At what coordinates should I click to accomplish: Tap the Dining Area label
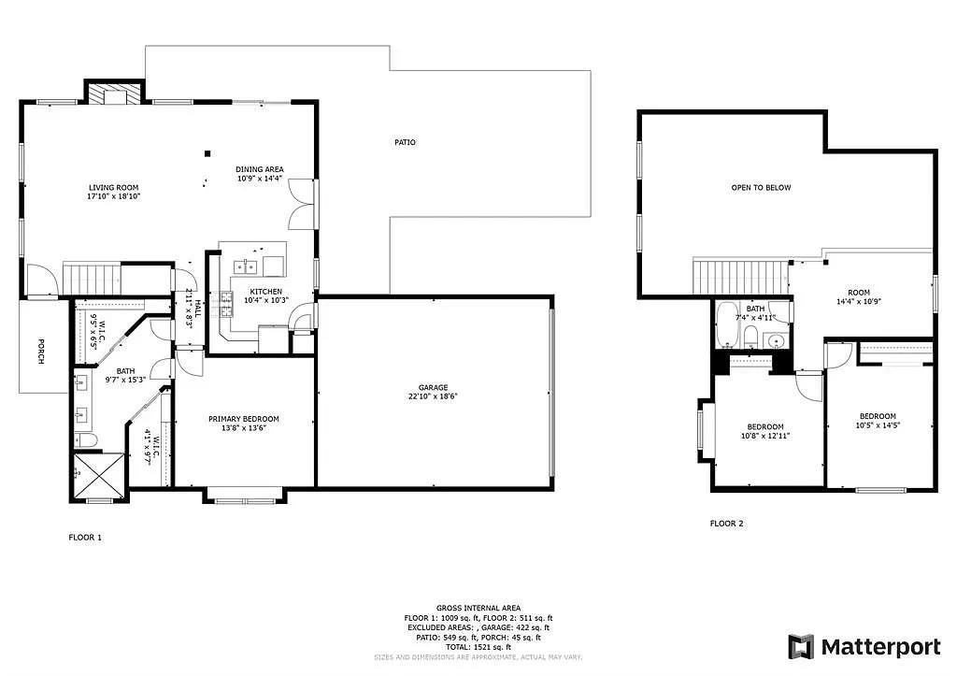pyautogui.click(x=260, y=169)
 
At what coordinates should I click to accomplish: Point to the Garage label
pyautogui.click(x=433, y=387)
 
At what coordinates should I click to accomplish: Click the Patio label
pyautogui.click(x=405, y=142)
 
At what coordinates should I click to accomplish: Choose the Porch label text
pyautogui.click(x=40, y=351)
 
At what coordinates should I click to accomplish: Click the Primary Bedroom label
pyautogui.click(x=243, y=419)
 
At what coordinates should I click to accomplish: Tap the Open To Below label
pyautogui.click(x=761, y=188)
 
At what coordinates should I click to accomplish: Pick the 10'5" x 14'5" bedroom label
pyautogui.click(x=878, y=417)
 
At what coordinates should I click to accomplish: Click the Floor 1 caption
pyautogui.click(x=85, y=538)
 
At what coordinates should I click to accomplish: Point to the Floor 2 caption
pyautogui.click(x=727, y=524)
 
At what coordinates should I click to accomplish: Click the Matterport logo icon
pyautogui.click(x=801, y=646)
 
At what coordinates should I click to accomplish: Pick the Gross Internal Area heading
pyautogui.click(x=478, y=608)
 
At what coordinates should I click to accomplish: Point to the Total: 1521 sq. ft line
pyautogui.click(x=478, y=647)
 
